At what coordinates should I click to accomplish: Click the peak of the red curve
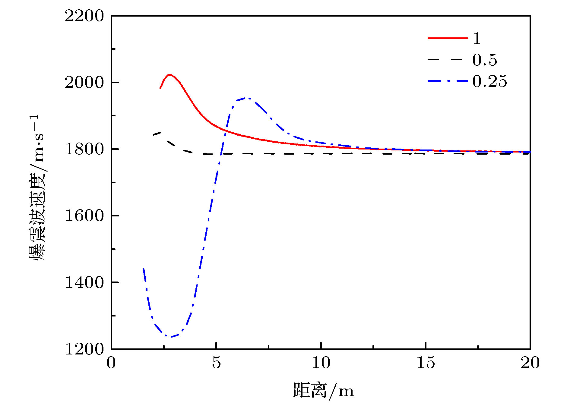[x=170, y=74]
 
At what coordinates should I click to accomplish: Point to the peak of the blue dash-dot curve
[x=247, y=98]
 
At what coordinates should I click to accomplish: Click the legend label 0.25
[x=489, y=81]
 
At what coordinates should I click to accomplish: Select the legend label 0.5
[x=484, y=60]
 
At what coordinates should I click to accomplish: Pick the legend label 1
[x=477, y=38]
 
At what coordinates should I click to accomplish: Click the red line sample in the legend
[x=448, y=38]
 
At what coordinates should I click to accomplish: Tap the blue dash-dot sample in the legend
[x=448, y=81]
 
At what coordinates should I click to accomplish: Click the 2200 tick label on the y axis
[x=84, y=16]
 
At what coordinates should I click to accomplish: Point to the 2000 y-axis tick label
[x=84, y=82]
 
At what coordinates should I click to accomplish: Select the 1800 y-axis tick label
[x=84, y=149]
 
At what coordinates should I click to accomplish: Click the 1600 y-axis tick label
[x=84, y=216]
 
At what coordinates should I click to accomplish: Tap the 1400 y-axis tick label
[x=84, y=283]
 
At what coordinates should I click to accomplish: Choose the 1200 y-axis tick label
[x=84, y=349]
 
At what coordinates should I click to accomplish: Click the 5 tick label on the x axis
[x=216, y=363]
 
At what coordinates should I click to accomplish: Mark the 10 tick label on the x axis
[x=321, y=363]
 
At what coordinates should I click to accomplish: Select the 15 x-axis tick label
[x=426, y=363]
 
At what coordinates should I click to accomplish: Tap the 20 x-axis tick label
[x=530, y=363]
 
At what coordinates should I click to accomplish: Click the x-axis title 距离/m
[x=323, y=391]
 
